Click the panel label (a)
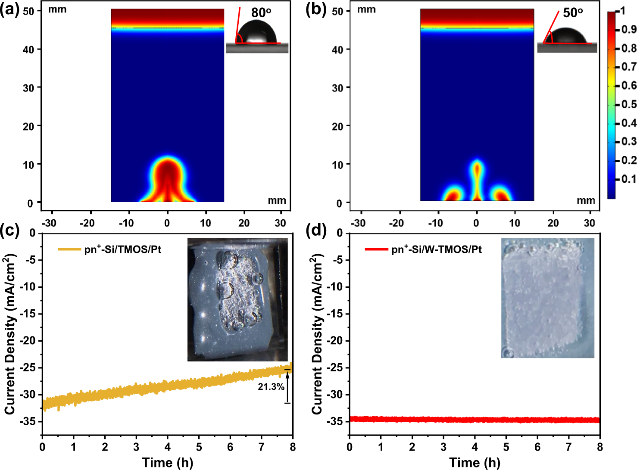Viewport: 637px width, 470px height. [10, 9]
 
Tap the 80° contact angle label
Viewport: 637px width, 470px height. [261, 13]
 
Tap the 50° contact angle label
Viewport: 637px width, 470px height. [573, 13]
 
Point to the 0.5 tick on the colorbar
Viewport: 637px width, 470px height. [628, 104]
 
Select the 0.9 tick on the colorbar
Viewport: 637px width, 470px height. [628, 29]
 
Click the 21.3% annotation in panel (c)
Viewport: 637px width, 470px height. [271, 387]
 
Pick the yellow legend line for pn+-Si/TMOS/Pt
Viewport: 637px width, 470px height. [69, 249]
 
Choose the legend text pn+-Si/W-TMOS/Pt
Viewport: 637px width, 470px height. [436, 249]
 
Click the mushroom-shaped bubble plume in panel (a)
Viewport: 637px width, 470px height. [167, 177]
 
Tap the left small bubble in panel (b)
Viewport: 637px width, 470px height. [453, 194]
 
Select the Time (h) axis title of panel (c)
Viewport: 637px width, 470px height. [167, 462]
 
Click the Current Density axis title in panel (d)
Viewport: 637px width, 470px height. [317, 334]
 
